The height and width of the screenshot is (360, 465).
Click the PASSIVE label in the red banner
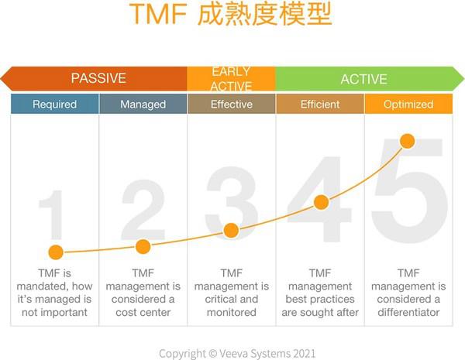[x=98, y=78]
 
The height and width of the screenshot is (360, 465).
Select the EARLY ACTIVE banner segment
[x=231, y=79]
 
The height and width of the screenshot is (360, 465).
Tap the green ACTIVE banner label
[x=364, y=79]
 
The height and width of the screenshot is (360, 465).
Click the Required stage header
[x=54, y=104]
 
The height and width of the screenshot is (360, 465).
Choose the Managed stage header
[x=143, y=104]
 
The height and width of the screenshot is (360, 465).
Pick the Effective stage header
[x=232, y=104]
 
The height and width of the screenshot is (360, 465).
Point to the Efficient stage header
[x=320, y=104]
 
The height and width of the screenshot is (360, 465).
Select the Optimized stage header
[x=408, y=104]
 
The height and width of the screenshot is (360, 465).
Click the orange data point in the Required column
[x=56, y=252]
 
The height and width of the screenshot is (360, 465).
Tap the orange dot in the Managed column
[x=143, y=247]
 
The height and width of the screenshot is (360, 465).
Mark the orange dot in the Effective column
[x=231, y=231]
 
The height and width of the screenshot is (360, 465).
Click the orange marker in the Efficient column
[x=321, y=202]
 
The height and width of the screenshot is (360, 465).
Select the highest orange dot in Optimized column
[x=408, y=141]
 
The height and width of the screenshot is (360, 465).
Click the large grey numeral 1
[x=52, y=214]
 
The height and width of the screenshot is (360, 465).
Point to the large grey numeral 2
[x=143, y=210]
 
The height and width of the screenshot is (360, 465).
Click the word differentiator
[x=408, y=312]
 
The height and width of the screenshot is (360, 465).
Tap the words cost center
[x=143, y=312]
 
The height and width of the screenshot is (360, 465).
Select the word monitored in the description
[x=232, y=312]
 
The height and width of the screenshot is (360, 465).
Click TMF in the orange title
[x=158, y=14]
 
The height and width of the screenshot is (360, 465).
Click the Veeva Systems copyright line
[x=237, y=354]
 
